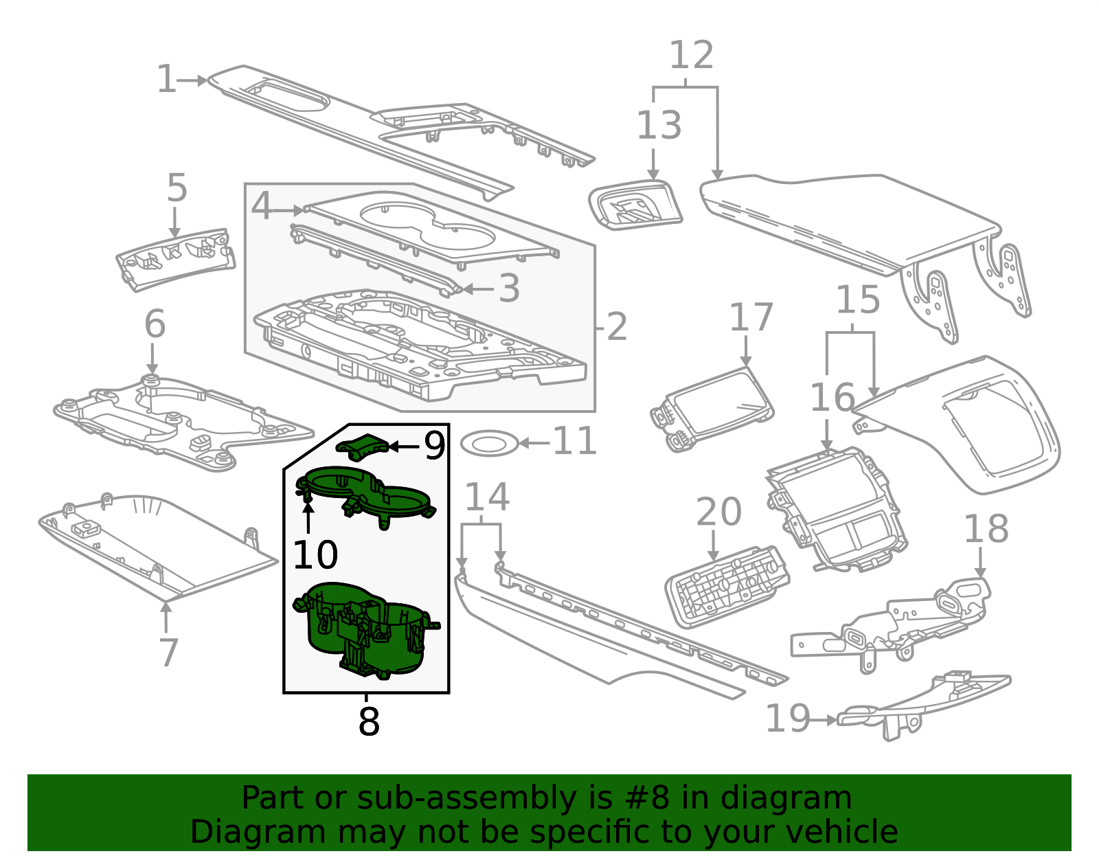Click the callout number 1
tap(166, 79)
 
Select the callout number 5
tap(177, 188)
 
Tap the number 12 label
tap(692, 55)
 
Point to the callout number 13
tap(659, 125)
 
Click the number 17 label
tap(751, 317)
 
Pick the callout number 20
tap(718, 512)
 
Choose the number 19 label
tap(788, 718)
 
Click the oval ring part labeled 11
tap(490, 443)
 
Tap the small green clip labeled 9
tap(363, 447)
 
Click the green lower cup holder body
tap(366, 630)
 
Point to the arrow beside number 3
tap(478, 289)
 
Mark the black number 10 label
tap(315, 554)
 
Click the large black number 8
tap(369, 721)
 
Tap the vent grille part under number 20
tap(727, 587)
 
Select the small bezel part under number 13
tap(635, 205)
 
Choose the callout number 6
tap(155, 324)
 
